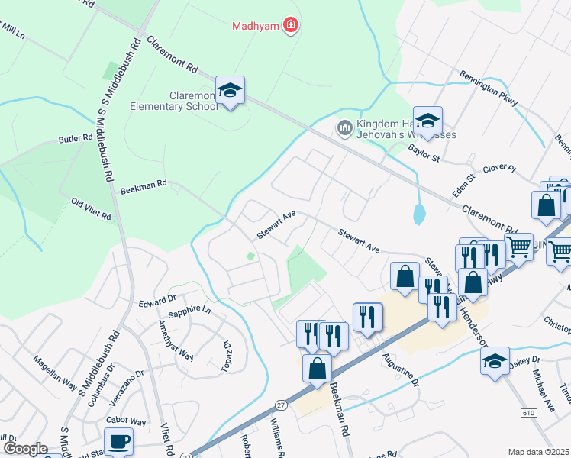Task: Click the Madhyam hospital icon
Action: [x=290, y=27]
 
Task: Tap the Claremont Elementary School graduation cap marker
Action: [x=230, y=91]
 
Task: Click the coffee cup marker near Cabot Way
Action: [x=120, y=441]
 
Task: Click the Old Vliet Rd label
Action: [x=92, y=210]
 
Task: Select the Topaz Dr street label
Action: [x=227, y=353]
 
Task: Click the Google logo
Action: [x=26, y=449]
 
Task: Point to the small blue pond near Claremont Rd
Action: [x=419, y=214]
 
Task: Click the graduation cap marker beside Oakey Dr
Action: [x=495, y=360]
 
